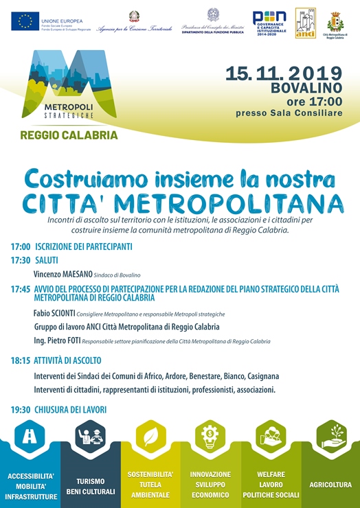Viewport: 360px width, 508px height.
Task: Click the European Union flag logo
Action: (x=25, y=21)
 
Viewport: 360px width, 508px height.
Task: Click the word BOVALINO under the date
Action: (x=306, y=89)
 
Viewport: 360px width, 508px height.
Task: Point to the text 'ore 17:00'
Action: (x=315, y=102)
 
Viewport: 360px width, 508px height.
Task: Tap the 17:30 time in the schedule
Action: (x=21, y=260)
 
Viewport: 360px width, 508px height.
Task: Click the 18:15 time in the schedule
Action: (x=21, y=360)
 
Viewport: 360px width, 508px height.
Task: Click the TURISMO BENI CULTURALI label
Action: (x=90, y=486)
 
